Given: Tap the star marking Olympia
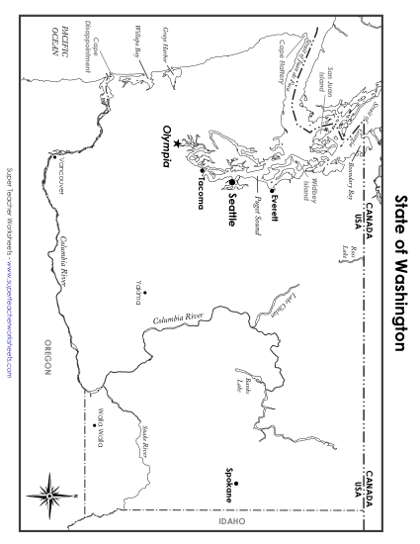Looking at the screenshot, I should (178, 144).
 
